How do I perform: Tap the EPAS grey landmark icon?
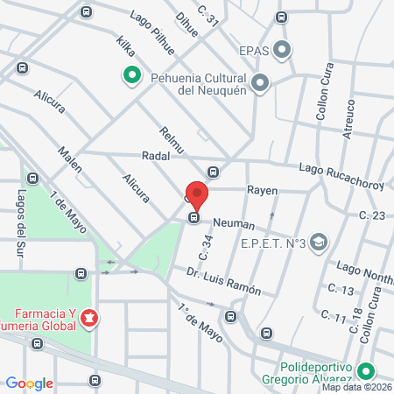point(282,50)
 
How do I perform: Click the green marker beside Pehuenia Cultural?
point(131,76)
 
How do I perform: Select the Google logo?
point(30,383)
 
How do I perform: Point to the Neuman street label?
point(233,224)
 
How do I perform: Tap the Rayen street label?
point(262,188)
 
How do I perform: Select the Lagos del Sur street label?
point(18,222)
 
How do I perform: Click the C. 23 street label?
point(372,215)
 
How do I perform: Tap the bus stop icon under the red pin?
point(194,218)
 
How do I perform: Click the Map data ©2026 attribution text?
point(356,387)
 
